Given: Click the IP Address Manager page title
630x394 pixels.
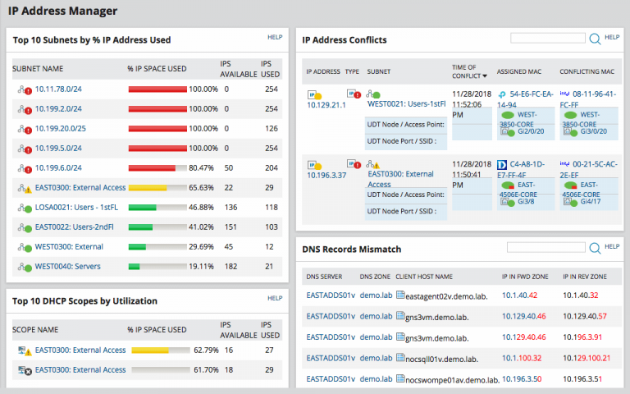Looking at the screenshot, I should [62, 11].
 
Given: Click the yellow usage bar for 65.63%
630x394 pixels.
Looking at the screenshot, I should [148, 187].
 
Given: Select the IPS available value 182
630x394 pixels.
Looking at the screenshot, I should [231, 266].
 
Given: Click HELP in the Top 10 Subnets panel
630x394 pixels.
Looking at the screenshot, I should [275, 37].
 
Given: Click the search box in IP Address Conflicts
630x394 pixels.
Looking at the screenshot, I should [547, 38].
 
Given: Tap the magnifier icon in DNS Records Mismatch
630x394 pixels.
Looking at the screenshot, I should [596, 247].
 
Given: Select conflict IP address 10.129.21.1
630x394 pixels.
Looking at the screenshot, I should [326, 106].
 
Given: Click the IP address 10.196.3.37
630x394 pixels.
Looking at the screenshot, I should [326, 175].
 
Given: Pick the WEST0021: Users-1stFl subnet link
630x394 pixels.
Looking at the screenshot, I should [406, 104].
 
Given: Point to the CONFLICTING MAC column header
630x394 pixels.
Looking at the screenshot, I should [587, 71].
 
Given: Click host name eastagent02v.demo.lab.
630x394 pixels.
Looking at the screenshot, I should [449, 295].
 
